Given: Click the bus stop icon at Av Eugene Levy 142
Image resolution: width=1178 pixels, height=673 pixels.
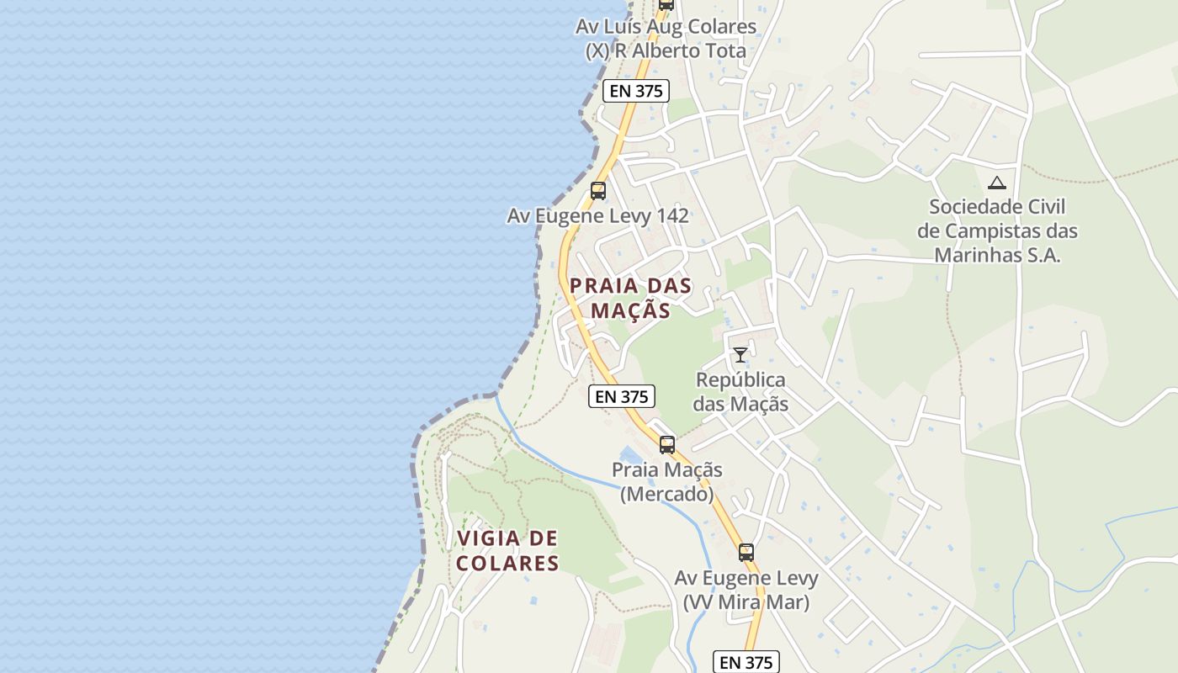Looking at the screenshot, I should pos(597,191).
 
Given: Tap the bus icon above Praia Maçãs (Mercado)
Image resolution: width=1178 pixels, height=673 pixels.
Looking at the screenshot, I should pos(666,445).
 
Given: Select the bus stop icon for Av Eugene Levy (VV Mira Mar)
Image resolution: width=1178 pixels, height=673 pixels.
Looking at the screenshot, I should pos(746,553).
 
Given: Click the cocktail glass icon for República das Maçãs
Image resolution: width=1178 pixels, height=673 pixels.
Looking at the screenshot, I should pos(740,355).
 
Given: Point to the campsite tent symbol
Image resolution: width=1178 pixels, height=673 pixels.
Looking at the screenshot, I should pos(996,183).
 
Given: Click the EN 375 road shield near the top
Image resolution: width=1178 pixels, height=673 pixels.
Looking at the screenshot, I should pos(635,91).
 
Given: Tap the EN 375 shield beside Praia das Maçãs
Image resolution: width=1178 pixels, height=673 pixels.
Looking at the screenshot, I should pos(621,397).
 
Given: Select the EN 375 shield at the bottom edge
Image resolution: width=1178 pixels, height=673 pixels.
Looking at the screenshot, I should pos(746,662).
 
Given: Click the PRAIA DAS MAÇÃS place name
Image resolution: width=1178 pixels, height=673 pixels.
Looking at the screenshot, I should pos(630,298).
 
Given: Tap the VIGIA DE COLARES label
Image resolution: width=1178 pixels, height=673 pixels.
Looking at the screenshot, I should pos(507,550).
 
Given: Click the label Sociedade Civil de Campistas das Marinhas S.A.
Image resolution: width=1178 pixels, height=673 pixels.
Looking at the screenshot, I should pos(997,231).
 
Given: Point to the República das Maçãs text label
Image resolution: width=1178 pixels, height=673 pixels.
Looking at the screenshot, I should pos(741,391).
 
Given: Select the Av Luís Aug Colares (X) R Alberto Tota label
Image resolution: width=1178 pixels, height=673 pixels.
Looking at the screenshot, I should pos(666,39).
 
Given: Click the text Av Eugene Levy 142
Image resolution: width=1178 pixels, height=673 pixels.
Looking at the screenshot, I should pos(597,216).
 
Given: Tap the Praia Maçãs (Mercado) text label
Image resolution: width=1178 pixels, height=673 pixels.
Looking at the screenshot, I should pos(666,481).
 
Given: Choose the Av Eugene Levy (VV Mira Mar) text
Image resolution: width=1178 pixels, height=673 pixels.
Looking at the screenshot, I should pos(746,590).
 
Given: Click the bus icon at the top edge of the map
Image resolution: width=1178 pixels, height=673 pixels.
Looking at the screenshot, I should pos(666,3).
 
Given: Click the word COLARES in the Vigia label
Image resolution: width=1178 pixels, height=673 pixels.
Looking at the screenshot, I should pos(507,563).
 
